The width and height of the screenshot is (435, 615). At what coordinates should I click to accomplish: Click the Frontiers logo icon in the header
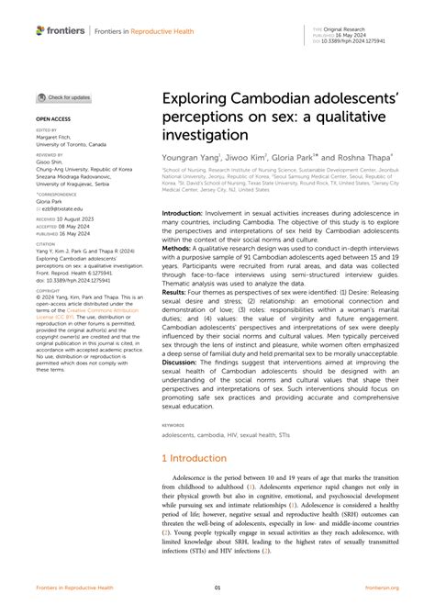pos(41,30)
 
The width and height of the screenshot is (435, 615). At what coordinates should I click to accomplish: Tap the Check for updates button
pos(64,97)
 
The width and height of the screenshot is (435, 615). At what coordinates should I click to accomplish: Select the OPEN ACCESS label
pos(52,119)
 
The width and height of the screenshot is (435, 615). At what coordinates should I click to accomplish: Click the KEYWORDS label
pos(173,426)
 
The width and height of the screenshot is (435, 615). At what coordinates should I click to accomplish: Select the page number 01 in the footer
pos(217,587)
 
